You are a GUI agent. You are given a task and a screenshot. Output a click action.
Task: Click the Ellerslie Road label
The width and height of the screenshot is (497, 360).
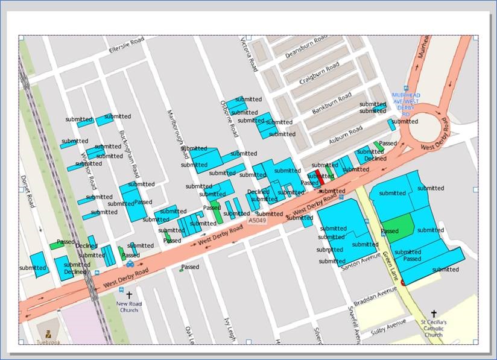click(x=127, y=45)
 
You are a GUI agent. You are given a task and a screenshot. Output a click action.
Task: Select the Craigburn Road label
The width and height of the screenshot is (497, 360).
click(x=319, y=75)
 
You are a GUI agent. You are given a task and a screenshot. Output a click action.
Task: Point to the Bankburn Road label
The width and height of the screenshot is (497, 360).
click(x=332, y=104)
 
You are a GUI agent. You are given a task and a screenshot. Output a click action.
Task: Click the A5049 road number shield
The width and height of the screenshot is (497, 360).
click(x=256, y=221)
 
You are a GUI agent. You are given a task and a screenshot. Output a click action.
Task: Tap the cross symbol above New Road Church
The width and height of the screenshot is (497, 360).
click(x=129, y=295)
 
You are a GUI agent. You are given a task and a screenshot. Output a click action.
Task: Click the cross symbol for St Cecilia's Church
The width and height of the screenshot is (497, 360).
click(x=433, y=314)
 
